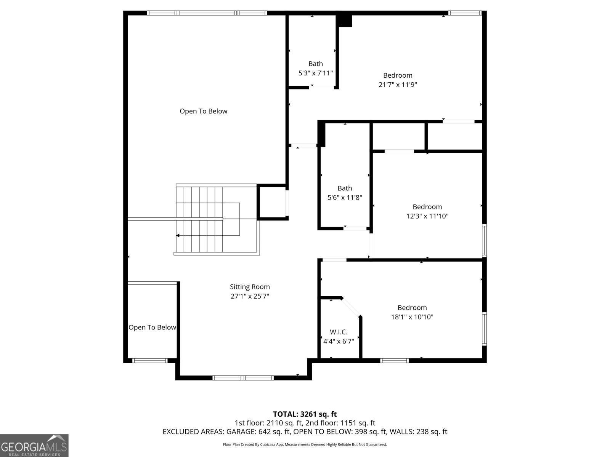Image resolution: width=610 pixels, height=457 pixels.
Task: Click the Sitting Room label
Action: pos(250,287)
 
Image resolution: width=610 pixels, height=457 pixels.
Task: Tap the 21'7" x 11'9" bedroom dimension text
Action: pos(398,84)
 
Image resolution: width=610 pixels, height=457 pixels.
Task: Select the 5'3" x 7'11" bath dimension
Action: pos(315,73)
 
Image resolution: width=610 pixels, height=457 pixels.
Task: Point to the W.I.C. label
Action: pos(339,332)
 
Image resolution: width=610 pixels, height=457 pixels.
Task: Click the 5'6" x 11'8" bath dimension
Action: pos(345,198)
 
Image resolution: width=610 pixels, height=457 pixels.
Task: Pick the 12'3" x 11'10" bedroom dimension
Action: pos(427,216)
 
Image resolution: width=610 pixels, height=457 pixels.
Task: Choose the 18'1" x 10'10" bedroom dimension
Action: pos(412,317)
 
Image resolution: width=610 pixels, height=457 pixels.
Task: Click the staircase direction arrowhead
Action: pos(178,236)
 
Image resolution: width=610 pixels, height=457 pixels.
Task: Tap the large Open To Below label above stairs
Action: pos(204,111)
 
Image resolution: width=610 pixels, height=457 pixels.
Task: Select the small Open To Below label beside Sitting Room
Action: pos(152,328)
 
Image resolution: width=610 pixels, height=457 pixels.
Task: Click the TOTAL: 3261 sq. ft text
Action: pos(305,414)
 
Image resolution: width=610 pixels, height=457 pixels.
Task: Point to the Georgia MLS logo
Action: pos(34,446)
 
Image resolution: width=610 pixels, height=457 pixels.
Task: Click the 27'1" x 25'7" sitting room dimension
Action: pos(250,296)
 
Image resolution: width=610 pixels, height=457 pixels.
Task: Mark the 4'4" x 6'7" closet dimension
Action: pos(339,341)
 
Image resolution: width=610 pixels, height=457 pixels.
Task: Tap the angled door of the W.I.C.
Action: pos(351,307)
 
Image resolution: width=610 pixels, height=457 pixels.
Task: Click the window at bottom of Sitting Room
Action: pos(243,378)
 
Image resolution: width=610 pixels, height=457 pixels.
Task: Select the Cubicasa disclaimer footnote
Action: pos(305,444)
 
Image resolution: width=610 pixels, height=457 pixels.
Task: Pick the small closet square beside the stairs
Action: pos(272,202)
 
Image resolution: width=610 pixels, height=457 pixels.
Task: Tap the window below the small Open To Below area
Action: pos(150,361)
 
